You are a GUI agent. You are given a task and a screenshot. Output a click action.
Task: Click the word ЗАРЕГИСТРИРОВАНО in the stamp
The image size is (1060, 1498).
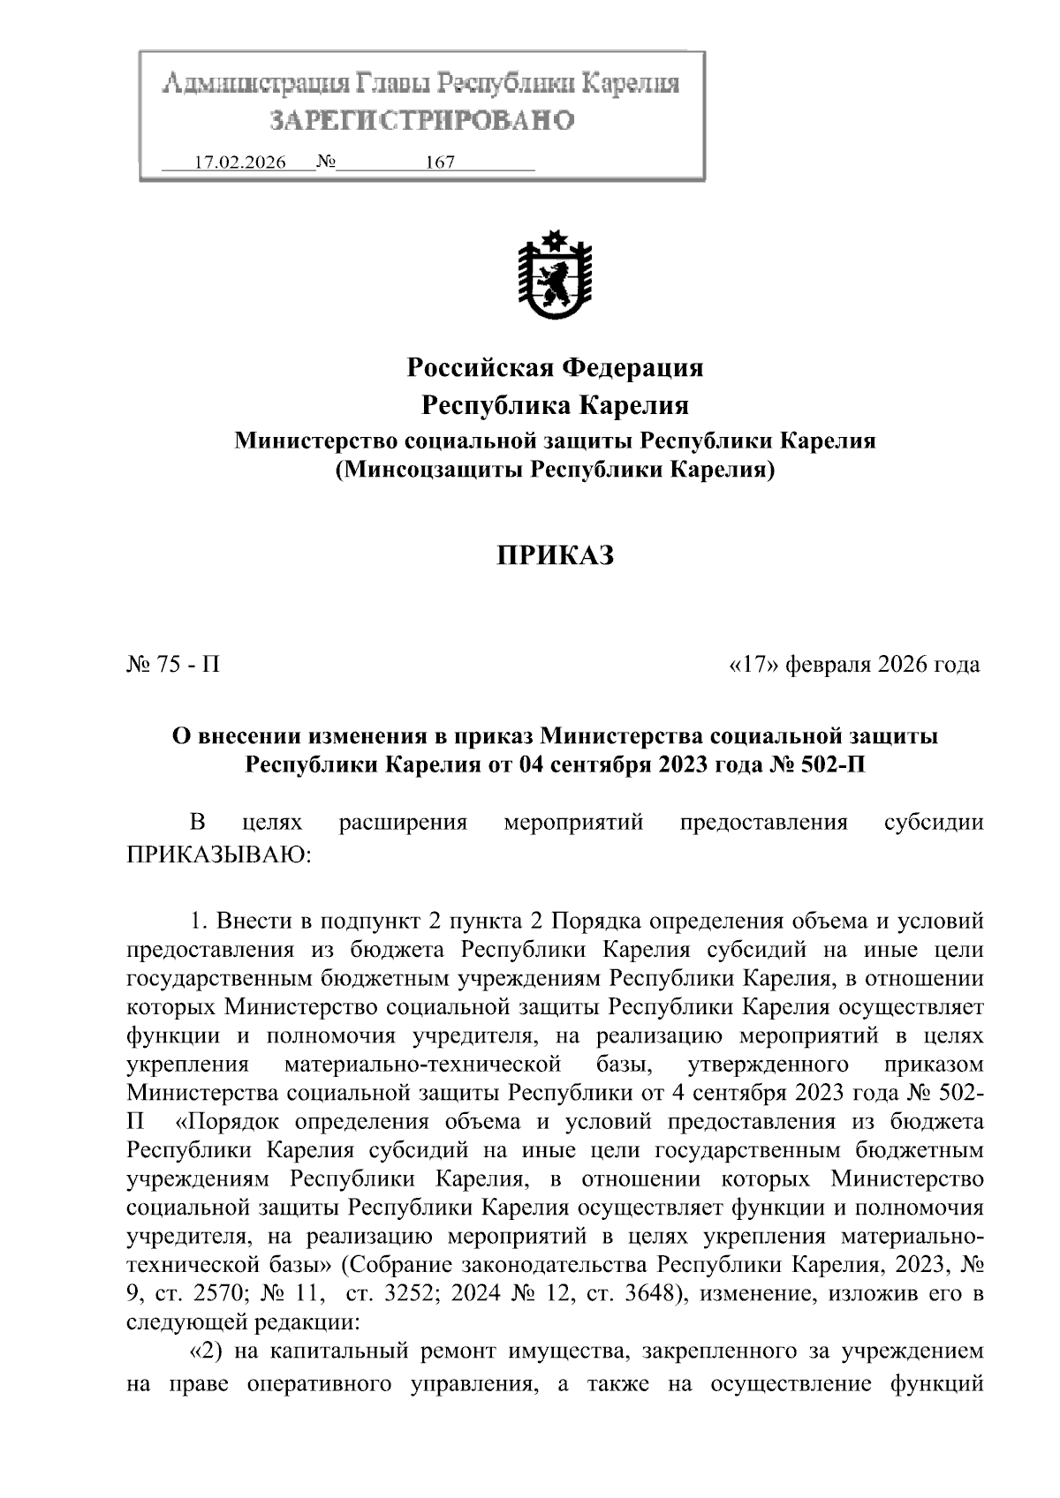click(x=421, y=120)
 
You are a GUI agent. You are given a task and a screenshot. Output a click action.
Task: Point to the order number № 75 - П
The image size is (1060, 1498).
click(x=173, y=664)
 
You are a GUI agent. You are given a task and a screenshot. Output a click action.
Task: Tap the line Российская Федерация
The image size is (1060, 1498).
click(x=554, y=367)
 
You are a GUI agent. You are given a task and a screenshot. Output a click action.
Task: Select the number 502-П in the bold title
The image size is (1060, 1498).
click(x=824, y=764)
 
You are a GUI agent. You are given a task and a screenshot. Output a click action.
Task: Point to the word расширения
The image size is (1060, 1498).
click(x=402, y=824)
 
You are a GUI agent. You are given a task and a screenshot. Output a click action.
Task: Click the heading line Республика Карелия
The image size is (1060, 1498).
click(x=554, y=405)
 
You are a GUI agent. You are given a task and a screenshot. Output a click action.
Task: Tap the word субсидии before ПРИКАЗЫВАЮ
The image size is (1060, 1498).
click(x=933, y=824)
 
